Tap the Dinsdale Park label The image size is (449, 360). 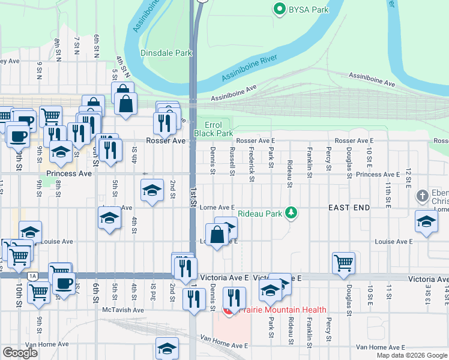(166, 53)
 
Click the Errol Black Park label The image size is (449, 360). (213, 129)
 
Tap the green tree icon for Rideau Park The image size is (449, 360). (291, 212)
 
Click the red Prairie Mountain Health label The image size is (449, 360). (282, 310)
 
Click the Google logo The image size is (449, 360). (20, 353)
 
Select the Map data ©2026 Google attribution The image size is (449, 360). (412, 355)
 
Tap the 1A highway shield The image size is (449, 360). (32, 276)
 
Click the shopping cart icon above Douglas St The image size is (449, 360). (343, 262)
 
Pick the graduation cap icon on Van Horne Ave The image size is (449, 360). (167, 348)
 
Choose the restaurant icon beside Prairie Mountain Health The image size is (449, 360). (234, 297)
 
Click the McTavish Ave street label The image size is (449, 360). (123, 310)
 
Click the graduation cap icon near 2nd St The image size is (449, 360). (152, 191)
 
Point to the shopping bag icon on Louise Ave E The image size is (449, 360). (217, 233)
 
